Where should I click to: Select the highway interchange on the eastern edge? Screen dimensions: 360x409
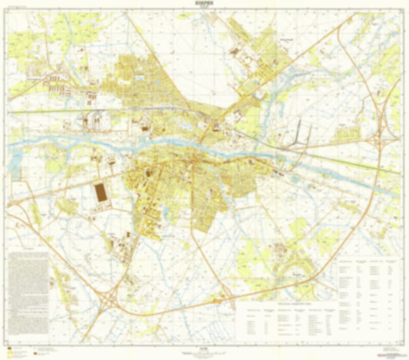tap(381, 138)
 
